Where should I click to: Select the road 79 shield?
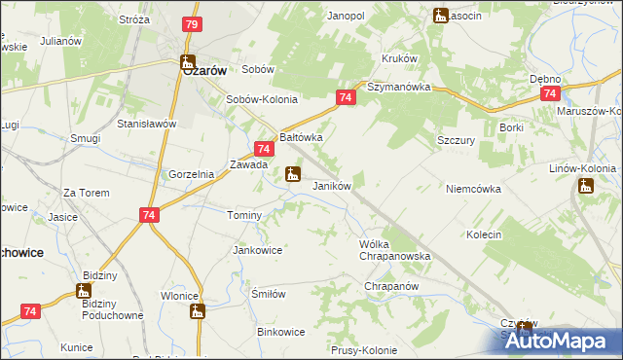(192, 24)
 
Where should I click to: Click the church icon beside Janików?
(292, 175)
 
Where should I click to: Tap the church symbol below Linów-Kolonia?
(585, 185)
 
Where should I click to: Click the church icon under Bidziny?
(85, 290)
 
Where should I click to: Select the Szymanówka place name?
(398, 87)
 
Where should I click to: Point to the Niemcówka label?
(473, 189)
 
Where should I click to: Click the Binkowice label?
(281, 332)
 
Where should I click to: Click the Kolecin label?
(483, 234)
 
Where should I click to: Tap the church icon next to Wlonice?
(198, 311)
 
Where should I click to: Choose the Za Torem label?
(84, 194)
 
